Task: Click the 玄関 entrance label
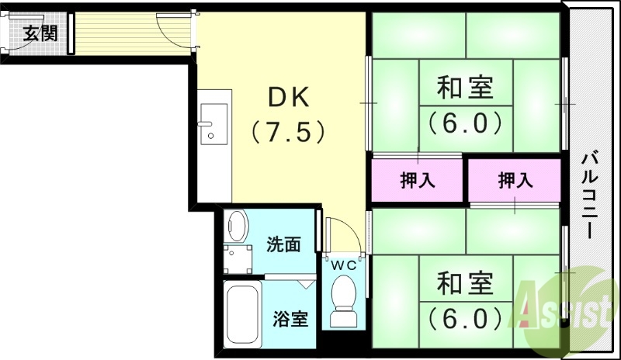click(x=40, y=34)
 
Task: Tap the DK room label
click(x=289, y=97)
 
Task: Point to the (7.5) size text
click(x=288, y=132)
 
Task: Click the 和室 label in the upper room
click(x=466, y=88)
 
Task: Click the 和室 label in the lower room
click(x=465, y=283)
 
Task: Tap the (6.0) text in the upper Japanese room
click(x=465, y=122)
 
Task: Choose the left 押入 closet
click(x=418, y=181)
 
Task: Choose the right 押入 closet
click(x=515, y=181)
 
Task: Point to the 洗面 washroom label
click(x=283, y=245)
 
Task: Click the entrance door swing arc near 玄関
click(x=172, y=29)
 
